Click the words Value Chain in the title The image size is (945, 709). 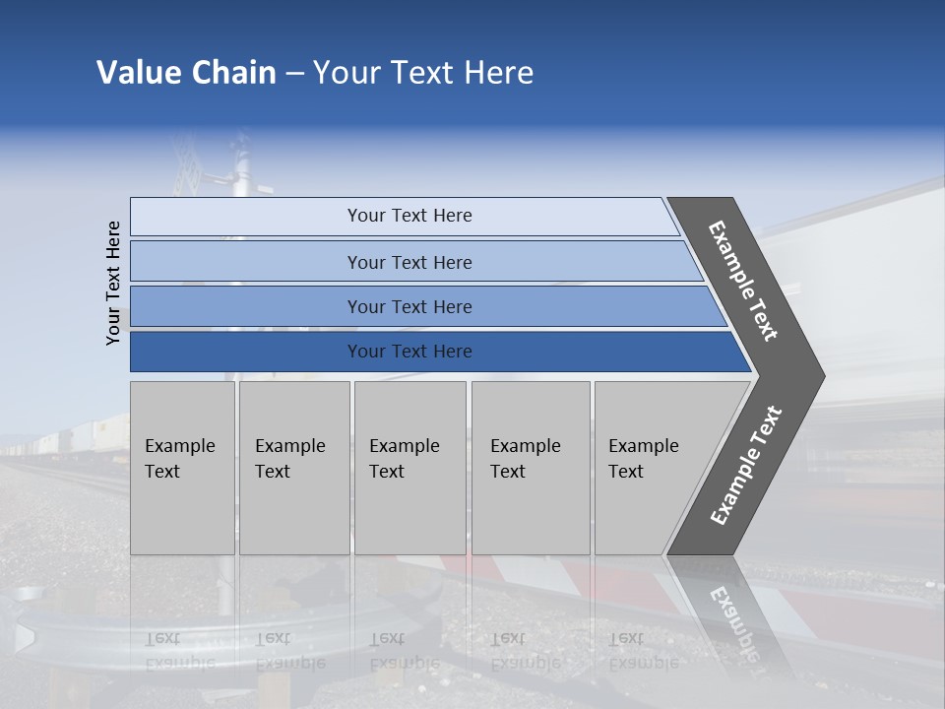pos(186,73)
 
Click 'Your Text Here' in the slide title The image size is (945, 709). pos(423,73)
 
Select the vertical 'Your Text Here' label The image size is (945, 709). pos(113,283)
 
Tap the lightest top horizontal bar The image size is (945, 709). pos(409,216)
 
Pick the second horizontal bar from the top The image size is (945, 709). pos(409,262)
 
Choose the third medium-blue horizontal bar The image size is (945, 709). pos(409,306)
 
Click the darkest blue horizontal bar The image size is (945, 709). pos(409,352)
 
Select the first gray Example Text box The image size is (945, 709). pos(182,467)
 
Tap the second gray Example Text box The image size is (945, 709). pos(293,467)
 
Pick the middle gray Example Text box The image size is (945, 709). pos(409,467)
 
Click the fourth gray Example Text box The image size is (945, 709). pos(530,467)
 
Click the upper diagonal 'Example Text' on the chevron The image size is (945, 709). pos(743,281)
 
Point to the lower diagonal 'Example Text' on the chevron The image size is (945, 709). pos(746,466)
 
